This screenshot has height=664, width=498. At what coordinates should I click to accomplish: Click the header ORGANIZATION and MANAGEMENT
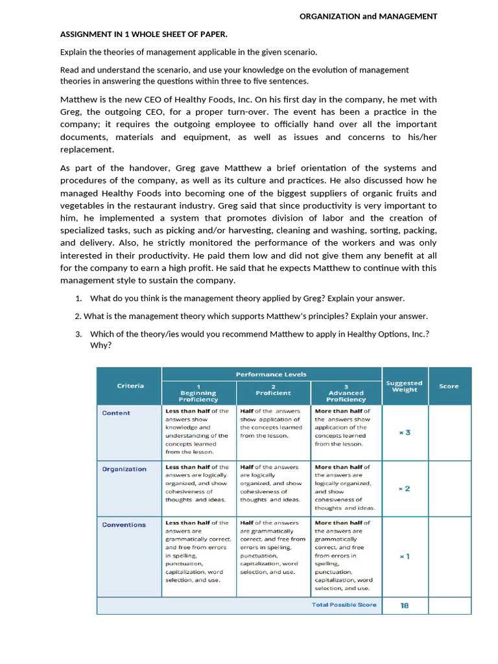click(x=368, y=16)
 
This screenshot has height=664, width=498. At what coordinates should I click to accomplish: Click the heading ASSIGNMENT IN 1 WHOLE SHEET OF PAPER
click(x=143, y=34)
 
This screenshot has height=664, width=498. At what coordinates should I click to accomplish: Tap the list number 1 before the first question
click(x=78, y=298)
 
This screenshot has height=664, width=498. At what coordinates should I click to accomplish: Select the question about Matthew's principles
click(x=251, y=316)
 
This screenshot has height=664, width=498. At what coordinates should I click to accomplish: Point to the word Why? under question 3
click(x=101, y=345)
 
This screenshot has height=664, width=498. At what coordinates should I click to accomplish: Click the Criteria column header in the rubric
click(x=130, y=386)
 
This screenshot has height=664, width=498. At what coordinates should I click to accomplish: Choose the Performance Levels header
click(x=271, y=374)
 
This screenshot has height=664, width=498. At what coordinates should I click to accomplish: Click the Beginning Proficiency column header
click(x=198, y=393)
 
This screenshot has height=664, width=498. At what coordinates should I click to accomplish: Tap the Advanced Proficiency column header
click(x=346, y=393)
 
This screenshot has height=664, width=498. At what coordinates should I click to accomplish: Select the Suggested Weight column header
click(x=404, y=386)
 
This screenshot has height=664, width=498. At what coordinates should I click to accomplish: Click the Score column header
click(x=449, y=386)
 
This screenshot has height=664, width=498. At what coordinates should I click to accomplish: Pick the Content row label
click(x=116, y=413)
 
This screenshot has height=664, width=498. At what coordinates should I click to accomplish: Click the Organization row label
click(x=124, y=469)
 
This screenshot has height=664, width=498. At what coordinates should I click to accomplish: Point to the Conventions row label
click(x=124, y=525)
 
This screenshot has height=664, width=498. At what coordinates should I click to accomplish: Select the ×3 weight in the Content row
click(x=405, y=433)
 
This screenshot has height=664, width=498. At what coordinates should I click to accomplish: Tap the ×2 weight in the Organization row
click(x=404, y=488)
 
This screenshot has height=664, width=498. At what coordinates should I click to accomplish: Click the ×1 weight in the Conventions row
click(x=404, y=556)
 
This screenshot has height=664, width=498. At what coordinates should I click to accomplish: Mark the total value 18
click(x=405, y=605)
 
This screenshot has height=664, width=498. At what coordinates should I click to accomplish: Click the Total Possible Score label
click(x=344, y=605)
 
